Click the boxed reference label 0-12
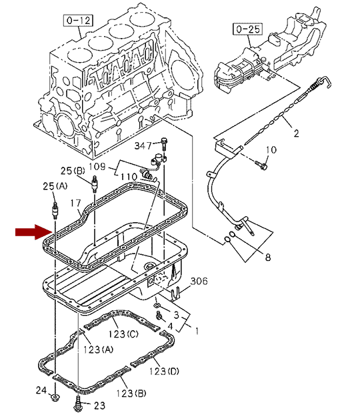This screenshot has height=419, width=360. point(78,21)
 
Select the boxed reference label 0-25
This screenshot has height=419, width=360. point(247,29)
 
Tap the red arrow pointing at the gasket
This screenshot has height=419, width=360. point(34,232)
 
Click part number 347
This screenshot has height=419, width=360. point(143,145)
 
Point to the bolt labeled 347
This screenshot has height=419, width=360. point(164,143)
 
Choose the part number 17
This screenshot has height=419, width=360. point(75,203)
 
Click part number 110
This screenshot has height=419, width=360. point(129,177)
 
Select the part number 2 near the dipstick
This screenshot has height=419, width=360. point(296,133)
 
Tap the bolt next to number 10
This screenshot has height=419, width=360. point(261,165)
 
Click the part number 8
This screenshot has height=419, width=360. point(268,257)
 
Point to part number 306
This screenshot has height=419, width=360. point(199,281)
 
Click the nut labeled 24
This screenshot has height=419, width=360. point(55,397)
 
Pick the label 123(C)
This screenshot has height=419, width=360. point(123,334)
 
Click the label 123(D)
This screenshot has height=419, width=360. point(164,371)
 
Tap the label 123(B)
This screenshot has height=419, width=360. point(131,393)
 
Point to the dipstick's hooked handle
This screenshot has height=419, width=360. point(324,81)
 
